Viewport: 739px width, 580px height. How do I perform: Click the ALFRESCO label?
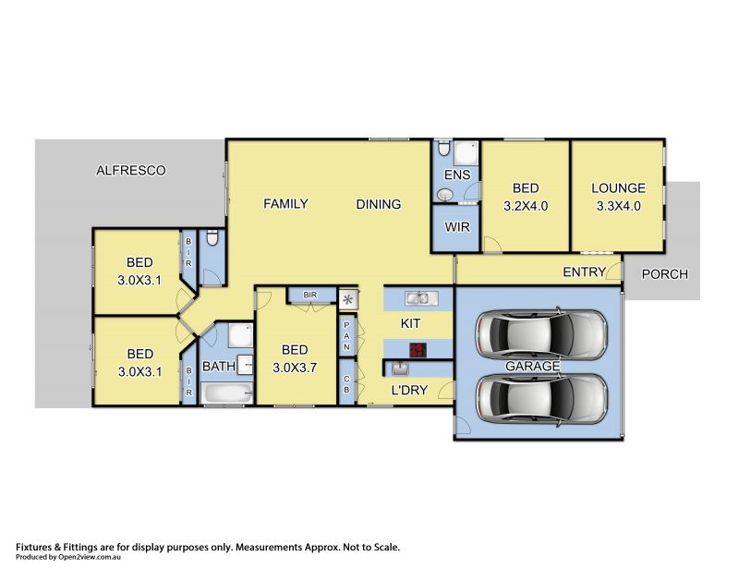[x=131, y=170]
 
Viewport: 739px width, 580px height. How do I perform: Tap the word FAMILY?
[x=285, y=203]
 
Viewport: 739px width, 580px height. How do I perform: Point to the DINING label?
[x=379, y=204]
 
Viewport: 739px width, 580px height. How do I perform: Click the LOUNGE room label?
[x=618, y=188]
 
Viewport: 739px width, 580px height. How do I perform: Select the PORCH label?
[x=665, y=273]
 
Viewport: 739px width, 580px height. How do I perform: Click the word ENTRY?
[x=585, y=272]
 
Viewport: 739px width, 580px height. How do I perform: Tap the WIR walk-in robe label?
[x=457, y=227]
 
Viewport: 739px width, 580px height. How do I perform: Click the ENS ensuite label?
[x=457, y=175]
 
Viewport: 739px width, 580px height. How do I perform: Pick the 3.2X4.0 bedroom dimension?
[x=526, y=206]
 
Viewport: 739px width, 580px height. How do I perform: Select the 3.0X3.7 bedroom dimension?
[x=295, y=368]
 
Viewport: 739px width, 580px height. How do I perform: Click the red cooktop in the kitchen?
[x=418, y=350]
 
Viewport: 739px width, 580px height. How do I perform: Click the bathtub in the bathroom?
[x=226, y=392]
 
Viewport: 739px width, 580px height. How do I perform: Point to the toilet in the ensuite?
[x=443, y=148]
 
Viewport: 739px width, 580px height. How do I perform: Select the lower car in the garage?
[x=541, y=400]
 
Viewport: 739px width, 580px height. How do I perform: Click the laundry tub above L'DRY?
[x=400, y=369]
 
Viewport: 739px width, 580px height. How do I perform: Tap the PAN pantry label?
[x=347, y=336]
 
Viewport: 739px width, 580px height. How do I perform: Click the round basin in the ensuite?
[x=443, y=194]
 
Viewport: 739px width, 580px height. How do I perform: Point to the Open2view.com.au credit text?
[x=90, y=557]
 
